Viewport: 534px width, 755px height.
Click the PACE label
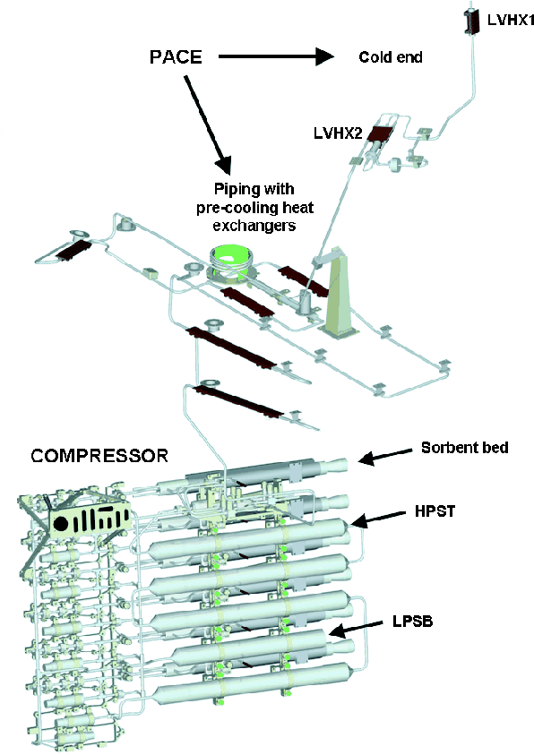tap(176, 56)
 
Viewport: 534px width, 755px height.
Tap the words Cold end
tap(391, 57)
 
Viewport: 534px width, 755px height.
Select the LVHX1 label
tap(511, 20)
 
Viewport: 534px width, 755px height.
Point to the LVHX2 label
tap(338, 133)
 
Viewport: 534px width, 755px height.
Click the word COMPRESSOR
tap(99, 456)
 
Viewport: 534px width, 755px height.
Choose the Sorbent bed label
tap(465, 448)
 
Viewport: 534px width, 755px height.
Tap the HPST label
tap(435, 510)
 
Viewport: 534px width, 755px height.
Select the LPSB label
tap(413, 622)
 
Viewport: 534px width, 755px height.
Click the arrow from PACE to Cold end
tap(276, 56)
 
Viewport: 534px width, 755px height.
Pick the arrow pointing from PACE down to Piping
tap(208, 124)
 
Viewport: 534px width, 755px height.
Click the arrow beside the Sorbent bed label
tap(385, 456)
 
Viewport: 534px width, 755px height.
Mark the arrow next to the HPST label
tap(378, 518)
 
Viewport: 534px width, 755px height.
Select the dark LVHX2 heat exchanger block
tap(381, 133)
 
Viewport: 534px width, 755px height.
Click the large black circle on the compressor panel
tap(61, 524)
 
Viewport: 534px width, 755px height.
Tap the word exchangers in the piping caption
tap(254, 226)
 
